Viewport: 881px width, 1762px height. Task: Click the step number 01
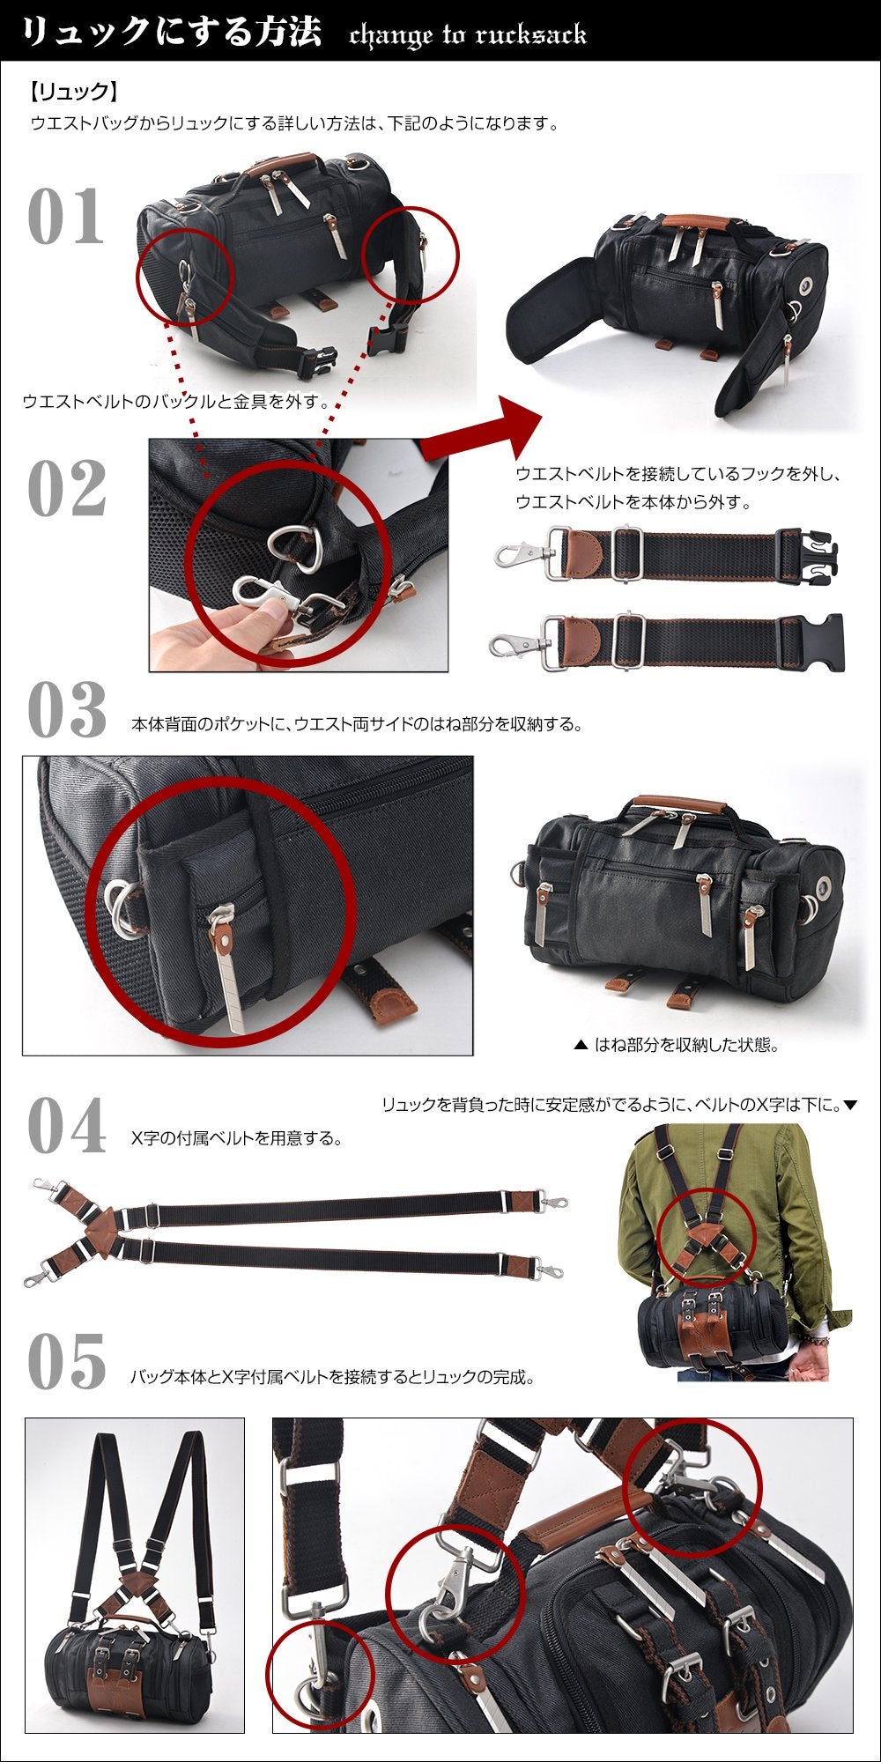66,216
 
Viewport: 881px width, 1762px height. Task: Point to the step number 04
67,1125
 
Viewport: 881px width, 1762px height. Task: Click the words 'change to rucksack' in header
468,35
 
